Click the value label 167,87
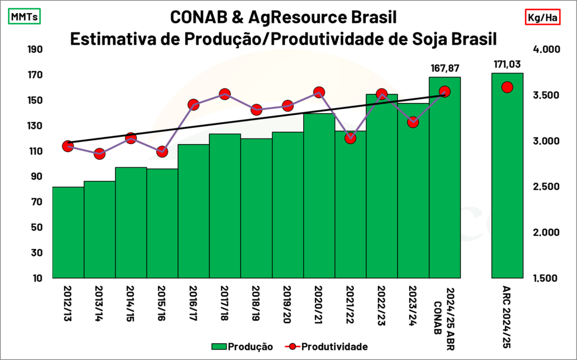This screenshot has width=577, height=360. click(445, 68)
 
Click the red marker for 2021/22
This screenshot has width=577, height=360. click(350, 138)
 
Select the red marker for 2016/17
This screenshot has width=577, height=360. click(193, 105)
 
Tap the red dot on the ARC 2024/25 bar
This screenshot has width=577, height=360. click(507, 87)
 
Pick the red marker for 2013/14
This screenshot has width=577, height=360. click(99, 154)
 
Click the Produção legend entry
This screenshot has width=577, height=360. click(242, 346)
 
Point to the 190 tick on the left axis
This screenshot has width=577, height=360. click(35, 50)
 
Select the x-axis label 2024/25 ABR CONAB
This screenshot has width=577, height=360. click(445, 310)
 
